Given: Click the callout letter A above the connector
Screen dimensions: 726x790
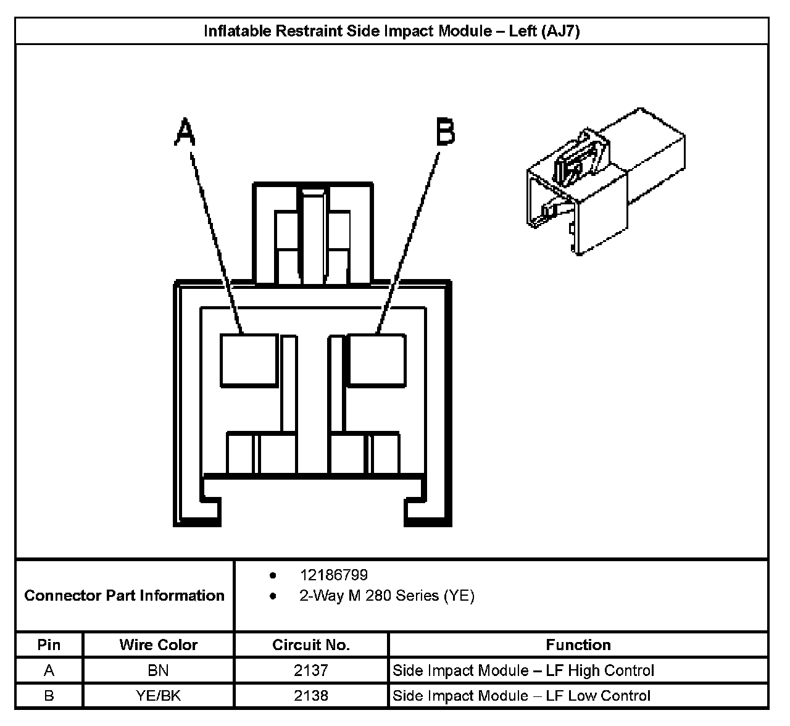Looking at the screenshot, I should click(185, 133).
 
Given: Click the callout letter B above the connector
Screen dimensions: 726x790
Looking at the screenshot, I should click(445, 133).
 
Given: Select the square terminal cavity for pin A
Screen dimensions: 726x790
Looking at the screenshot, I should click(249, 361).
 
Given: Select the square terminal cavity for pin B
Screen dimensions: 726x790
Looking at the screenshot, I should click(376, 361).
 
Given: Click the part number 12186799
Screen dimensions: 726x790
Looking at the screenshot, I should click(333, 575).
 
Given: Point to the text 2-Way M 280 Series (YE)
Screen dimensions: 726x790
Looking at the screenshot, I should click(386, 596).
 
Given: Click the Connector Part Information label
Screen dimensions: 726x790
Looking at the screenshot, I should click(124, 596).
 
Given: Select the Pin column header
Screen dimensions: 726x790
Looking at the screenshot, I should click(49, 645).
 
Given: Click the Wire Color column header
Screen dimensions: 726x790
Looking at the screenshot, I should click(158, 645).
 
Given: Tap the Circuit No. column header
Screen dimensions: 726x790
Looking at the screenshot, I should click(310, 645).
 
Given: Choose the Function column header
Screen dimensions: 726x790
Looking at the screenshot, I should click(578, 645).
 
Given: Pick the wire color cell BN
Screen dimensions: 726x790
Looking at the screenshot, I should click(158, 670).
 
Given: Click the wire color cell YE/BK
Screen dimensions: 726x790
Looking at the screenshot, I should click(158, 696).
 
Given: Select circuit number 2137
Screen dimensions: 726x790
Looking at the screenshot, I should click(310, 670).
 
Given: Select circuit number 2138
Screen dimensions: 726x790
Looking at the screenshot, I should click(310, 696).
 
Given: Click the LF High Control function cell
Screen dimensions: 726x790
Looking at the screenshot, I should click(523, 670).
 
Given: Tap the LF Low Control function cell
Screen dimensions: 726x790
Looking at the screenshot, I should click(522, 696).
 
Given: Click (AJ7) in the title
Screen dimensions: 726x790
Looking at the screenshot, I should click(560, 31).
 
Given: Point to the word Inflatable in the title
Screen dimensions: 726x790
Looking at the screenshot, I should click(238, 31).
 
